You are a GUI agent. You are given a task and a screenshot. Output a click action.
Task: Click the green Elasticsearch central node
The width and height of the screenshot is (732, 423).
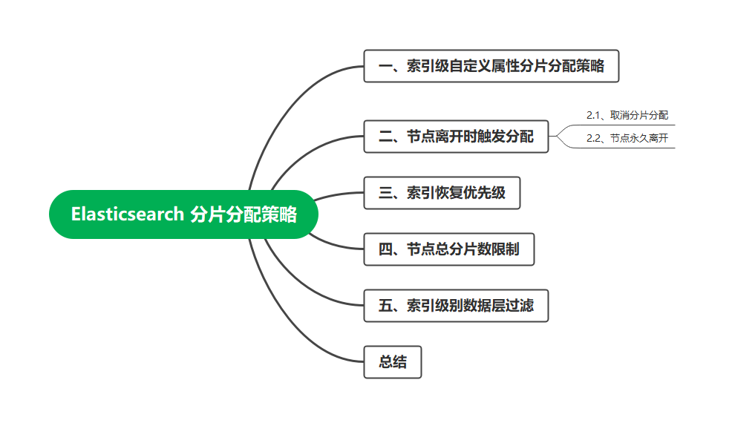click(x=183, y=214)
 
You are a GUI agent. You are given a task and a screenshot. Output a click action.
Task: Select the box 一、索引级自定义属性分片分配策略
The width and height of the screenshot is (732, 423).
click(x=491, y=66)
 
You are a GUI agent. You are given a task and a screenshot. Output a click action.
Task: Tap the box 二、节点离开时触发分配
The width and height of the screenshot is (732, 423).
click(x=456, y=137)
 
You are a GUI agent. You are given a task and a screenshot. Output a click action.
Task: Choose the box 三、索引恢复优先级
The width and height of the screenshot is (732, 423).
click(x=442, y=193)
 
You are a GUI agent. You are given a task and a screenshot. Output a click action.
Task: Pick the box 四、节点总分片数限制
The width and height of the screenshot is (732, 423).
click(x=448, y=249)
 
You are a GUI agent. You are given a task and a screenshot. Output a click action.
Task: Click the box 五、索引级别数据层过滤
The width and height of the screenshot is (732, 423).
click(x=456, y=306)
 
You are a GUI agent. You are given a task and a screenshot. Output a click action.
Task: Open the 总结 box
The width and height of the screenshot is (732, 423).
click(x=393, y=362)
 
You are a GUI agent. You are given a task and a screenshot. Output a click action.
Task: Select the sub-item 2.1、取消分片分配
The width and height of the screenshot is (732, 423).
click(x=627, y=115)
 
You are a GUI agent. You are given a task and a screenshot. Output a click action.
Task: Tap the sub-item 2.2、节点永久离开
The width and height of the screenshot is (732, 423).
click(x=627, y=138)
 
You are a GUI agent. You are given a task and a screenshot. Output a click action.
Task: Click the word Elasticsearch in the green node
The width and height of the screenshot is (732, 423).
click(x=127, y=214)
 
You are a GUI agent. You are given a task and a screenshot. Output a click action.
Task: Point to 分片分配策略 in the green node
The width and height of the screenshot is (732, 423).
click(x=244, y=214)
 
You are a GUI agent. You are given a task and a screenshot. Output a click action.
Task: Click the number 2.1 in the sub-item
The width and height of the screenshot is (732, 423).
click(x=592, y=115)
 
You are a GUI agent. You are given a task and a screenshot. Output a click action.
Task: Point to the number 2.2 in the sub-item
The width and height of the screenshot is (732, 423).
click(x=592, y=138)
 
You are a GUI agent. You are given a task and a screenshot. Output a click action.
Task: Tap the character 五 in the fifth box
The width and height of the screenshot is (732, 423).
click(x=385, y=306)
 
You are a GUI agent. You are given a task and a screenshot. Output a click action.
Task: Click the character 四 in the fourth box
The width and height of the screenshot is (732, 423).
click(x=385, y=249)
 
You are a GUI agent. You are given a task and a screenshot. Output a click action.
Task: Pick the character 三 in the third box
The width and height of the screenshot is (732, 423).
click(x=385, y=193)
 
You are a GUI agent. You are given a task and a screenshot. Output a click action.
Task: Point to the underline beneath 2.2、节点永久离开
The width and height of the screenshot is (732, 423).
click(x=631, y=148)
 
